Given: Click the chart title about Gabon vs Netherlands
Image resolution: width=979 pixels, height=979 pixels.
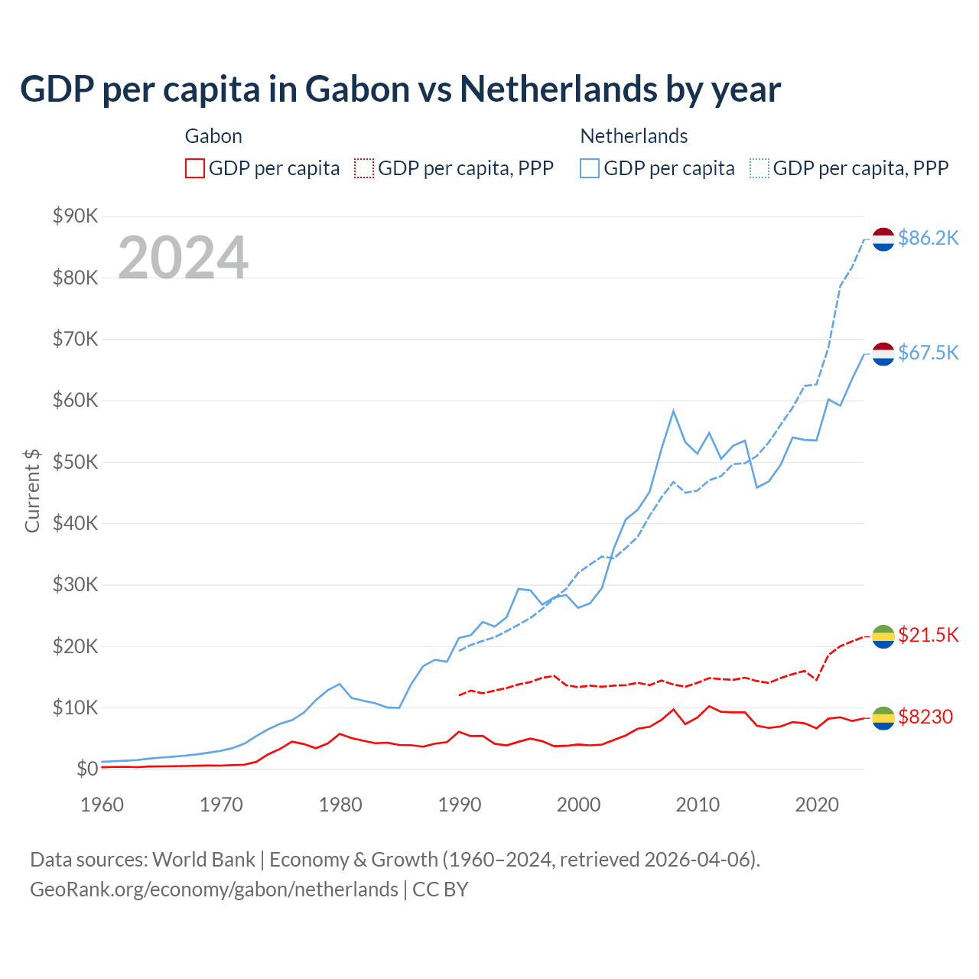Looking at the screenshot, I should [x=400, y=89].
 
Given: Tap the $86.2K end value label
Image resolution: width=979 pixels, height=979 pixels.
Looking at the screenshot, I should [x=928, y=239].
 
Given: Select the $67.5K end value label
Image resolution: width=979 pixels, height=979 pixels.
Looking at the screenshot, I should [x=928, y=353].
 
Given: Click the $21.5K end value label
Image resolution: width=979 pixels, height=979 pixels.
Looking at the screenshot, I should [x=928, y=635].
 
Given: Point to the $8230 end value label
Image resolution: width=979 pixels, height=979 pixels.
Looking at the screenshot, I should [x=925, y=717].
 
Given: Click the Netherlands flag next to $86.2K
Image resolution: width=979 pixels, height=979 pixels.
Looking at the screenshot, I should [x=883, y=239].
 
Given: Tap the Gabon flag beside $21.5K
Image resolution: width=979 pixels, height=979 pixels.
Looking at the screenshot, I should [x=883, y=636].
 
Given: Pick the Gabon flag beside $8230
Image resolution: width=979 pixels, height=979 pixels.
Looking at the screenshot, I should [x=883, y=717].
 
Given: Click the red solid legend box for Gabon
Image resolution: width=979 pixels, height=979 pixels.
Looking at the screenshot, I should [x=195, y=168].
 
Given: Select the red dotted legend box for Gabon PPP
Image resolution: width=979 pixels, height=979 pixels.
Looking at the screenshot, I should [x=364, y=168].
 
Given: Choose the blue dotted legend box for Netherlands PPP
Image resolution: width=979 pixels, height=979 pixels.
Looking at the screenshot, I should [x=759, y=168].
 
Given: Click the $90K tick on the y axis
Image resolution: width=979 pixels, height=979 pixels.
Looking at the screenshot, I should [x=75, y=216].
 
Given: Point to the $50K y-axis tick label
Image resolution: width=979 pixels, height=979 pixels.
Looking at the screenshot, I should [x=75, y=462].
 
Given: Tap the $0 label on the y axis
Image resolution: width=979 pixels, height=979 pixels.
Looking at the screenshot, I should [x=87, y=769].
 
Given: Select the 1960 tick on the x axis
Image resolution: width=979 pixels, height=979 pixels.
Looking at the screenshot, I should [x=102, y=805].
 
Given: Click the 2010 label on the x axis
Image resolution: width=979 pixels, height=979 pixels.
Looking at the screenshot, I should [x=698, y=805].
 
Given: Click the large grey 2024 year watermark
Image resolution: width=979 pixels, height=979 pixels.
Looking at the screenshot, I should [x=183, y=258].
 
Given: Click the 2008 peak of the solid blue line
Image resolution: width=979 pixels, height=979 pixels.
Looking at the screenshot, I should [x=673, y=411].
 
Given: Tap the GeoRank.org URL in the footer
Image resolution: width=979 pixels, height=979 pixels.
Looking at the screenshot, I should [x=214, y=890].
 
